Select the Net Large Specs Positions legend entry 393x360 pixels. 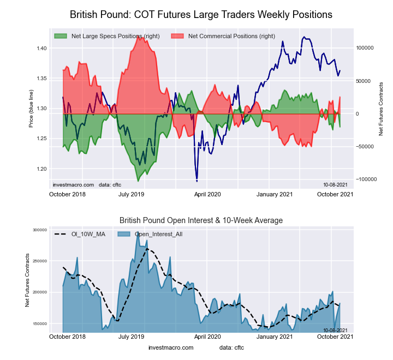[x=115, y=36]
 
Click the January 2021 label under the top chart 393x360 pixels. [x=275, y=194]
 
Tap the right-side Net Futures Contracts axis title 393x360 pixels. [x=381, y=109]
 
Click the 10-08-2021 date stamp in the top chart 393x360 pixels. [x=334, y=184]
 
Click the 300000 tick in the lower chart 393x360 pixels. [x=39, y=230]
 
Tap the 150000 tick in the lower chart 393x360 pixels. [x=39, y=324]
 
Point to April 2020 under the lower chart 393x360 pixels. [x=207, y=337]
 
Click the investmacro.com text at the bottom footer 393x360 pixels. [x=171, y=347]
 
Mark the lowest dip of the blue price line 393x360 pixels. [x=196, y=181]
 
